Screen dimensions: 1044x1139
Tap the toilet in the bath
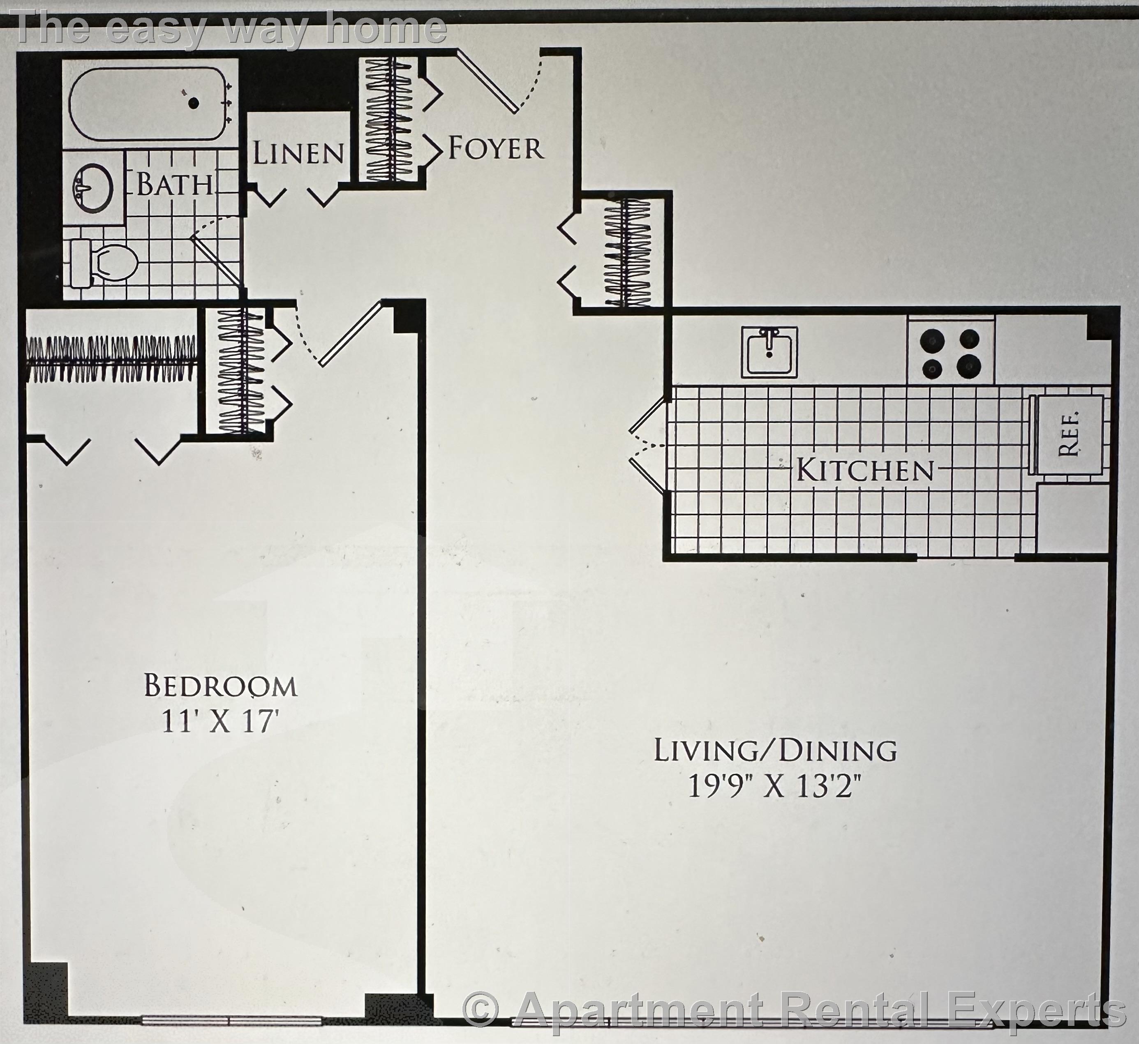pos(107,263)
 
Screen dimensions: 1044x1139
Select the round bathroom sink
pos(92,187)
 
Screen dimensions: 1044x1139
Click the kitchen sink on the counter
pos(769,351)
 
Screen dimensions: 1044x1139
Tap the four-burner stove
pos(950,353)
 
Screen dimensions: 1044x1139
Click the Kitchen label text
pos(864,470)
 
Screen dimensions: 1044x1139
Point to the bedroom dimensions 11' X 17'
pos(221,721)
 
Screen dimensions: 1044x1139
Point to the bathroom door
pos(217,260)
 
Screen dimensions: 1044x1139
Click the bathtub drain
pos(193,103)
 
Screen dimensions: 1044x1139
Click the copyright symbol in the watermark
pos(480,1010)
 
